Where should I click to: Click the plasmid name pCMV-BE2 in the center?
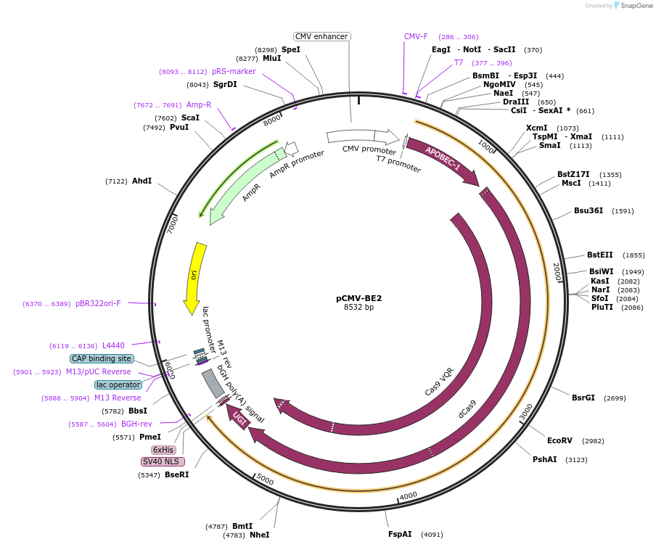(358, 297)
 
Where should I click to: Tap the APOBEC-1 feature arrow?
(442, 159)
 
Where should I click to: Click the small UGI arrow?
(238, 416)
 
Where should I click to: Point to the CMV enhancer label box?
(322, 36)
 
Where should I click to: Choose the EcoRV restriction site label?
(559, 440)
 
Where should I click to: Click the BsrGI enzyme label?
(583, 398)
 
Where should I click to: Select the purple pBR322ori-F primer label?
(98, 303)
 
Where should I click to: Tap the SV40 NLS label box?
(163, 461)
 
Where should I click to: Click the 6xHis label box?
(163, 450)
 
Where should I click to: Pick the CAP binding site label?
(102, 358)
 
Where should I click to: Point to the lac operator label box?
(118, 384)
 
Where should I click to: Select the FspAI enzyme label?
(400, 534)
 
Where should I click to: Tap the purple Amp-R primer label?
(199, 104)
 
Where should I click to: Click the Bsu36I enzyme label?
(589, 211)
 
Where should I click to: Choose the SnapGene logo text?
(636, 6)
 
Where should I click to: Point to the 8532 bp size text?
(358, 308)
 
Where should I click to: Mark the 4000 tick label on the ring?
(409, 495)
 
